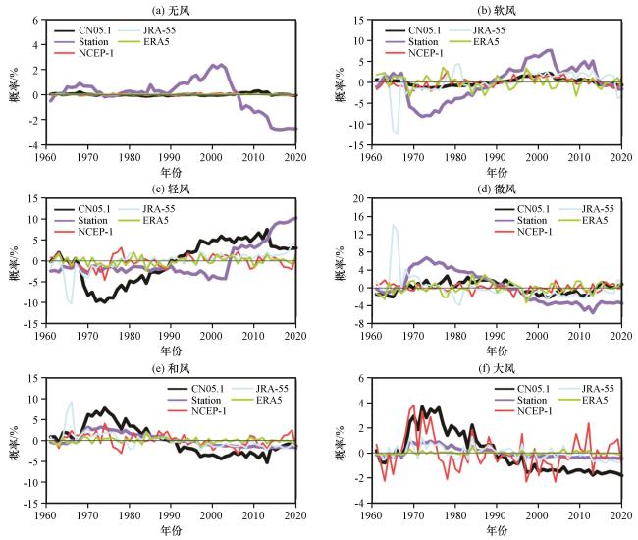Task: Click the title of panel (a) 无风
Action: click(x=171, y=10)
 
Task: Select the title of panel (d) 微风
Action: click(x=497, y=189)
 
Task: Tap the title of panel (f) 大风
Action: click(x=497, y=369)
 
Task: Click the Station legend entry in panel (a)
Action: click(x=81, y=42)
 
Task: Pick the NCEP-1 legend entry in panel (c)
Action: click(x=83, y=232)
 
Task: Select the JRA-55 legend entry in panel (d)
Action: click(x=586, y=209)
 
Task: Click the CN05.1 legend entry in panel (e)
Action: click(x=196, y=389)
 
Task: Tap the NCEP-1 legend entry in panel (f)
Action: click(x=523, y=411)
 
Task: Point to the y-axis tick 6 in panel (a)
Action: click(x=35, y=20)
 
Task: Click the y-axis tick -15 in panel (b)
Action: click(x=357, y=145)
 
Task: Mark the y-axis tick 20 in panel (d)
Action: click(x=359, y=198)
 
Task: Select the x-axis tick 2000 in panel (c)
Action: click(x=211, y=336)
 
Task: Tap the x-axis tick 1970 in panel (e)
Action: click(x=87, y=515)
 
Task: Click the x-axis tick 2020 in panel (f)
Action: click(x=621, y=515)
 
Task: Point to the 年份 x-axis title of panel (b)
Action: click(x=497, y=172)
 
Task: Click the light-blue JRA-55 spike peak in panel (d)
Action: click(x=393, y=224)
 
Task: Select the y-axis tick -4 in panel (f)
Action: click(x=359, y=504)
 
